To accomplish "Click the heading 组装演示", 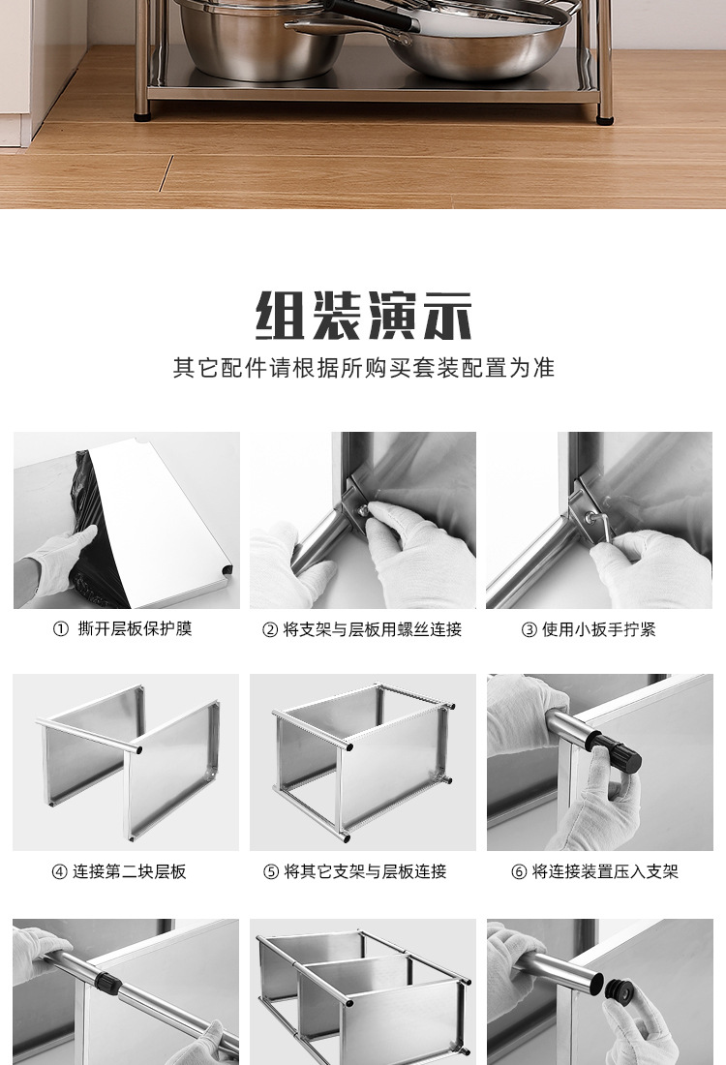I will click(x=363, y=315).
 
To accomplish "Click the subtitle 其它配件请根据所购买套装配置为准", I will click(x=363, y=369).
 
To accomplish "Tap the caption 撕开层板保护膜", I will click(x=136, y=629).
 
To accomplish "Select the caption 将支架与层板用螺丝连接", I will click(x=373, y=630).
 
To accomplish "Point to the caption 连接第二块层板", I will click(x=130, y=871).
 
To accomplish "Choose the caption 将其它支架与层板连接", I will click(x=366, y=871).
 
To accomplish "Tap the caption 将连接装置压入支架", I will click(x=605, y=871).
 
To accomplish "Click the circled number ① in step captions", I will click(x=61, y=629).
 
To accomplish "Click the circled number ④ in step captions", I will click(x=59, y=871).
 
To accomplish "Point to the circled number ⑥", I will click(x=519, y=871).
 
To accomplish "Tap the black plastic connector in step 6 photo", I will click(x=618, y=751).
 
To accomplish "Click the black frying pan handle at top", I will click(x=368, y=15).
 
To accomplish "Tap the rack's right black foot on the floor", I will click(x=606, y=120).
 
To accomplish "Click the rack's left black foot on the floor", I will click(x=144, y=116).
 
